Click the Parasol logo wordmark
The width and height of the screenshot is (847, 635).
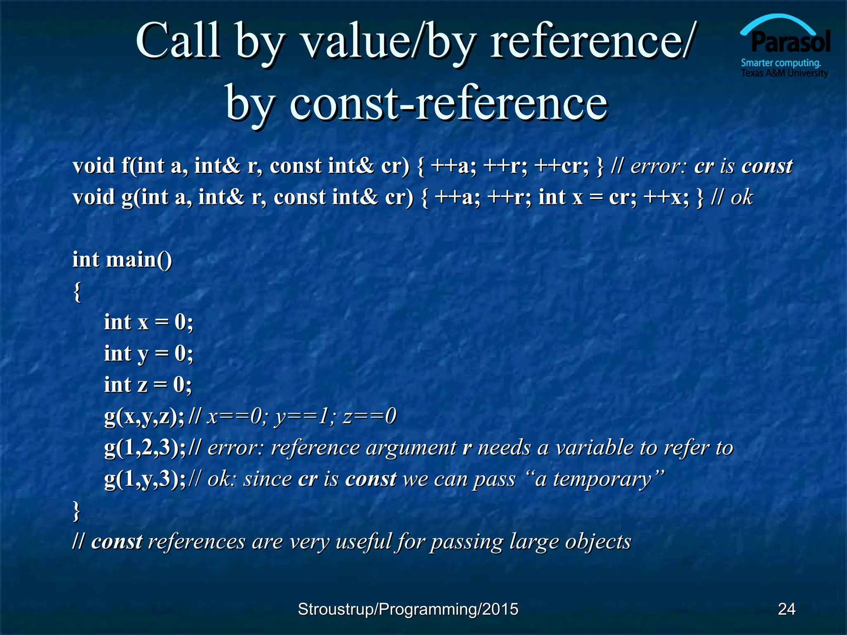pyautogui.click(x=790, y=42)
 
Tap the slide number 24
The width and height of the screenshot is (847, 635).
pyautogui.click(x=786, y=609)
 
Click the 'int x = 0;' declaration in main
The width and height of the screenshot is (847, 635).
pyautogui.click(x=148, y=322)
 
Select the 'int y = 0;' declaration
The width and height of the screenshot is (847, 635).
pyautogui.click(x=148, y=353)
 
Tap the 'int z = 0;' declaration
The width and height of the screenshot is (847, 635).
pyautogui.click(x=148, y=385)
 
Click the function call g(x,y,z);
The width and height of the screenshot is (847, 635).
pyautogui.click(x=144, y=416)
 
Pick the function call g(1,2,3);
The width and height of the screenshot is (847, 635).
pyautogui.click(x=145, y=448)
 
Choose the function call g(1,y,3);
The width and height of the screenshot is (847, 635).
pyautogui.click(x=145, y=479)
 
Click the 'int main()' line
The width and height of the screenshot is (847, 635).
pyautogui.click(x=122, y=260)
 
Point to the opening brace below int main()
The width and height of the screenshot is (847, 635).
pyautogui.click(x=77, y=291)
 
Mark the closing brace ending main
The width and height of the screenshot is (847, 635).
pyautogui.click(x=77, y=511)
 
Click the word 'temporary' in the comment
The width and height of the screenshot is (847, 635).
pyautogui.click(x=602, y=480)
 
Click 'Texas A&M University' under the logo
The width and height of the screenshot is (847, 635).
pyautogui.click(x=784, y=74)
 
